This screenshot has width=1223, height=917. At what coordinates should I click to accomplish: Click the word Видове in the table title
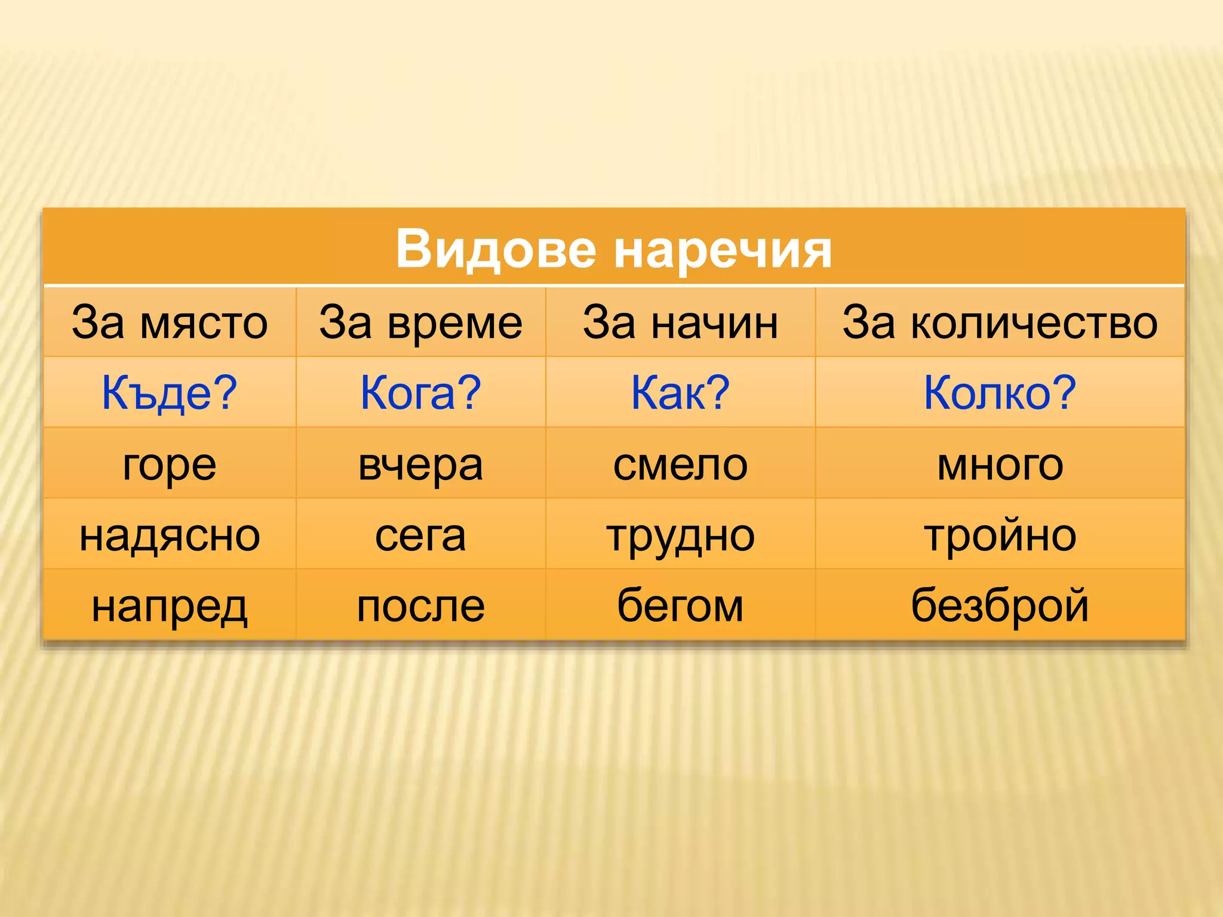496,249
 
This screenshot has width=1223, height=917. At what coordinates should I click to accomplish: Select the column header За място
170,322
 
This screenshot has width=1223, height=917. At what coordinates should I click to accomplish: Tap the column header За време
420,322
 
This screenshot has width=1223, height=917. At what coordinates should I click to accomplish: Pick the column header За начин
680,322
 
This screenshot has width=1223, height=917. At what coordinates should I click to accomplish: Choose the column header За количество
1000,322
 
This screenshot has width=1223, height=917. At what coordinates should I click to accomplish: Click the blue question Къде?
170,393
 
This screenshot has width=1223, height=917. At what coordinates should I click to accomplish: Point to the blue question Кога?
420,393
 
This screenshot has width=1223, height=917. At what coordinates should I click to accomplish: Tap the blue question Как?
680,393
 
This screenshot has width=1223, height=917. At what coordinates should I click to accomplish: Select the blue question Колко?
1000,393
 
